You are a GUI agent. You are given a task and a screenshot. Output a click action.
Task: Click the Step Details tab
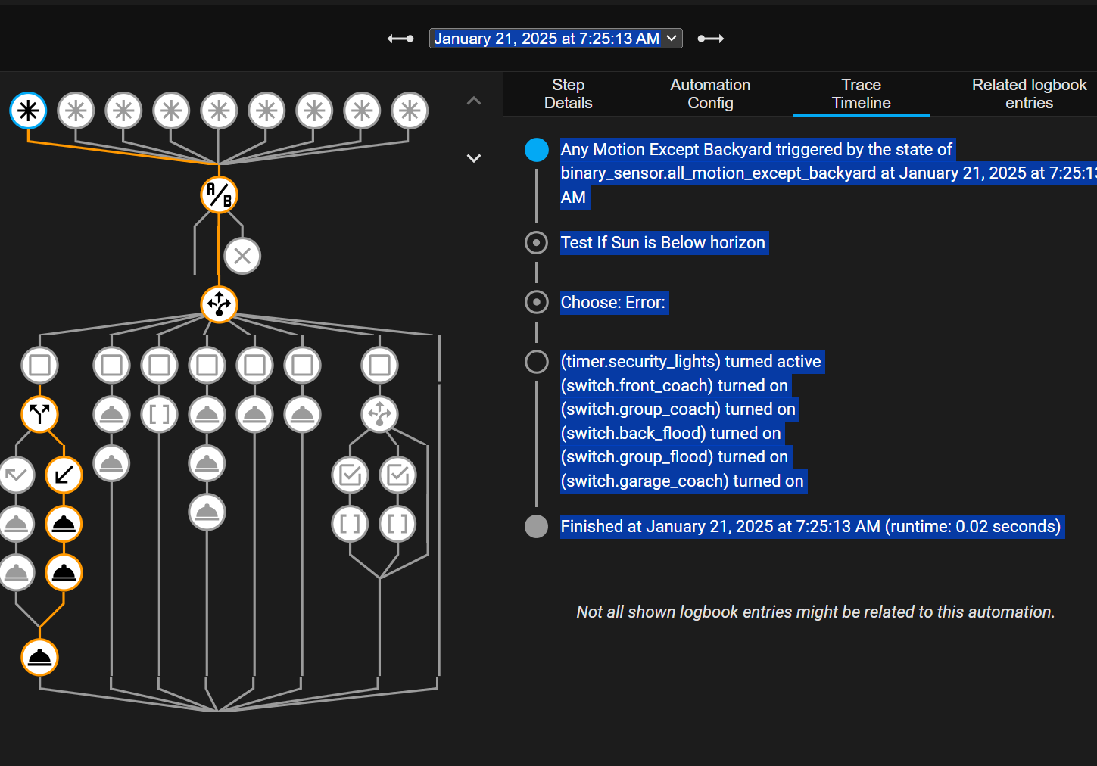pyautogui.click(x=568, y=94)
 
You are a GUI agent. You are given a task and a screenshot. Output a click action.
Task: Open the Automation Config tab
pyautogui.click(x=709, y=94)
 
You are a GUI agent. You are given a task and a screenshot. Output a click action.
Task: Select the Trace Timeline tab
pyautogui.click(x=861, y=94)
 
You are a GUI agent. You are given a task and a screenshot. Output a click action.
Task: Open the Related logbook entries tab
pyautogui.click(x=1028, y=94)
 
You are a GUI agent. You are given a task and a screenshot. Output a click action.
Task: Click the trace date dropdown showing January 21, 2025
pyautogui.click(x=555, y=39)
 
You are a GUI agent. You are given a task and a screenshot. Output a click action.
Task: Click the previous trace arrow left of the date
pyautogui.click(x=400, y=39)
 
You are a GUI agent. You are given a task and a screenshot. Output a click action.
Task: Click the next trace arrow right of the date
pyautogui.click(x=710, y=39)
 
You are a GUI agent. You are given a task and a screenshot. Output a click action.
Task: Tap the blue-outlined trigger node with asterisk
pyautogui.click(x=29, y=111)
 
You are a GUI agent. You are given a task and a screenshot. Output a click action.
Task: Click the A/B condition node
pyautogui.click(x=219, y=195)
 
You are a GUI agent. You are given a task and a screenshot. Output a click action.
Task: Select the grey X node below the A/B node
pyautogui.click(x=242, y=256)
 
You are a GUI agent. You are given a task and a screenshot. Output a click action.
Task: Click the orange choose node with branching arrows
pyautogui.click(x=219, y=304)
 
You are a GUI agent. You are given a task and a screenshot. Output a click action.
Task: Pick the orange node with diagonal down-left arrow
pyautogui.click(x=64, y=475)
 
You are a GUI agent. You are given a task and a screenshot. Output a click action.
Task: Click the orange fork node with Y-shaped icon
pyautogui.click(x=39, y=414)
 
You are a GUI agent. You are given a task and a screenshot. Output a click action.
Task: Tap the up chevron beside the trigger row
pyautogui.click(x=474, y=101)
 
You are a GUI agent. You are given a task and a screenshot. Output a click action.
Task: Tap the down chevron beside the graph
pyautogui.click(x=474, y=158)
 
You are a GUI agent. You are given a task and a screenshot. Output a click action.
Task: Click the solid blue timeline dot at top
pyautogui.click(x=536, y=150)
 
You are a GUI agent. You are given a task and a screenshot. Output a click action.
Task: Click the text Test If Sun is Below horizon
pyautogui.click(x=662, y=243)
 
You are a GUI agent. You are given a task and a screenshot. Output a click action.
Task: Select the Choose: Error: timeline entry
pyautogui.click(x=612, y=303)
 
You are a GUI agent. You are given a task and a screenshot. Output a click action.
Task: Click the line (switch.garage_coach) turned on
pyautogui.click(x=681, y=481)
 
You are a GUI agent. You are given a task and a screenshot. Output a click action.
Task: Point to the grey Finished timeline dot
pyautogui.click(x=536, y=527)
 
